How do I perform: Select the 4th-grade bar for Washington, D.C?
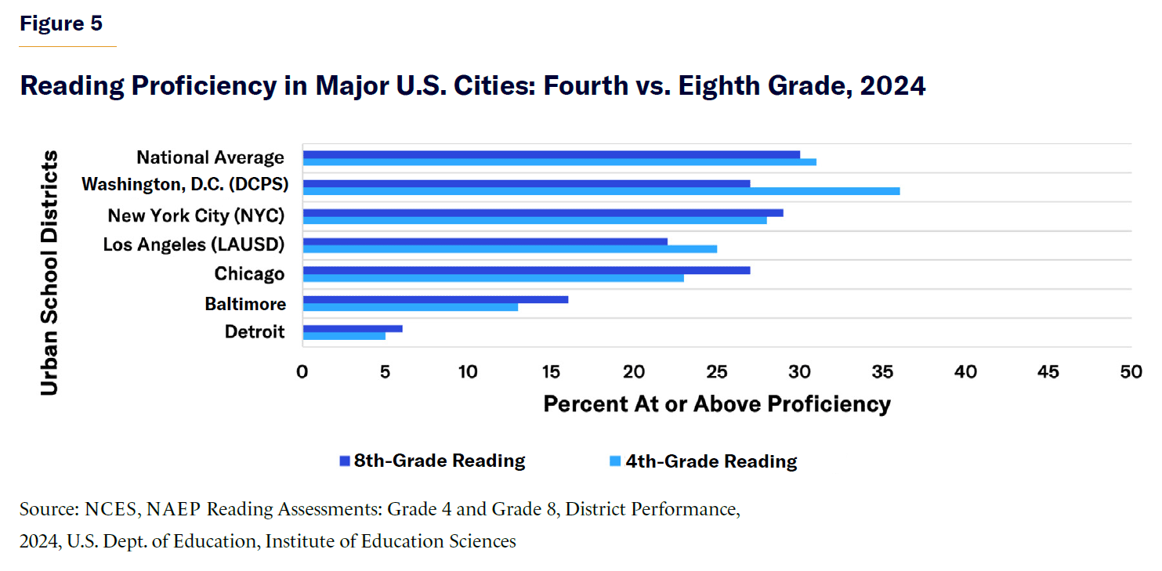pyautogui.click(x=601, y=191)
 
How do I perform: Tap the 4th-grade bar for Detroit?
pyautogui.click(x=344, y=336)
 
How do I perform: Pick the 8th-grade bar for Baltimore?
pyautogui.click(x=436, y=299)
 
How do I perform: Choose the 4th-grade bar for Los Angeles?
pyautogui.click(x=510, y=249)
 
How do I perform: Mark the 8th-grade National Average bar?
pyautogui.click(x=552, y=154)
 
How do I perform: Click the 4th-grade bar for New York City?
pyautogui.click(x=535, y=220)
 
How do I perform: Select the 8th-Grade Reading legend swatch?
pyautogui.click(x=344, y=461)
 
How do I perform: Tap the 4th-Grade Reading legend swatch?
pyautogui.click(x=616, y=461)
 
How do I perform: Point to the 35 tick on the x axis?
pyautogui.click(x=883, y=371)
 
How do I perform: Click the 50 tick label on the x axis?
pyautogui.click(x=1131, y=371)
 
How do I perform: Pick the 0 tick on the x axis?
pyautogui.click(x=302, y=371)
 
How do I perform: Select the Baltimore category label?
pyautogui.click(x=245, y=303)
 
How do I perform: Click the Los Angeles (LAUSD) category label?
pyautogui.click(x=194, y=245)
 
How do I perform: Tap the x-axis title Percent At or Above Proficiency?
pyautogui.click(x=717, y=404)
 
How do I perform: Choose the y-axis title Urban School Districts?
pyautogui.click(x=49, y=273)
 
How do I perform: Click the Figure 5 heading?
pyautogui.click(x=61, y=23)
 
